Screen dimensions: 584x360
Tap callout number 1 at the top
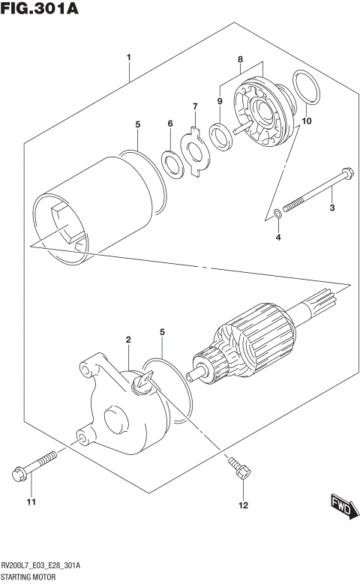[129, 57]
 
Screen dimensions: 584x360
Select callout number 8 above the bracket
[241, 58]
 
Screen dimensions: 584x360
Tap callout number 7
[194, 106]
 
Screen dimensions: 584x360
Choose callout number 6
[170, 124]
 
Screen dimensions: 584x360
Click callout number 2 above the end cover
[128, 340]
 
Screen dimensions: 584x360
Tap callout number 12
[242, 506]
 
